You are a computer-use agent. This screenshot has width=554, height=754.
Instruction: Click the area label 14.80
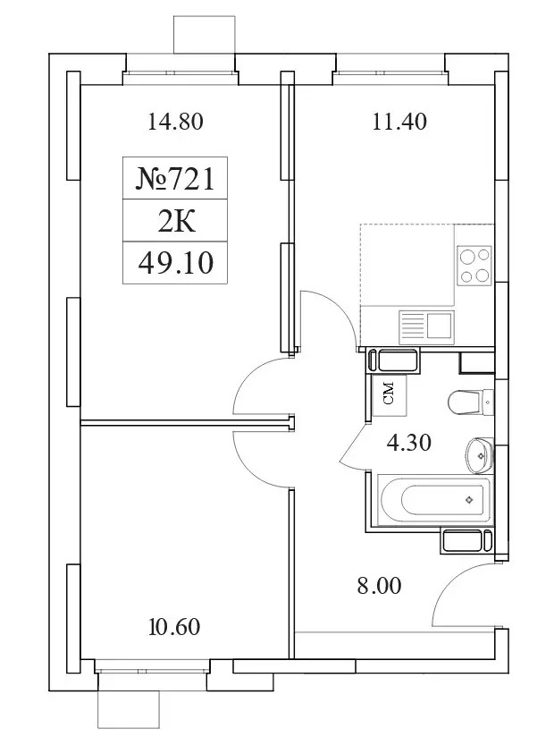[175, 122]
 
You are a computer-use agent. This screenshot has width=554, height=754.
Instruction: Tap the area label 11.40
[399, 122]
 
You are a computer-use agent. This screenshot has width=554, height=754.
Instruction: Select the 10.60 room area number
[174, 627]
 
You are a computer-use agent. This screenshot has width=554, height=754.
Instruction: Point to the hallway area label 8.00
[379, 586]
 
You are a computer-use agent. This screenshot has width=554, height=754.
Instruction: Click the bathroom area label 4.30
[409, 443]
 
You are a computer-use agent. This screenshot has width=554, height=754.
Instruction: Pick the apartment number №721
[175, 179]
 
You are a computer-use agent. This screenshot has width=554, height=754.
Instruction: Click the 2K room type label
[176, 222]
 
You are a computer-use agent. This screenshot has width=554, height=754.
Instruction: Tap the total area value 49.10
[175, 263]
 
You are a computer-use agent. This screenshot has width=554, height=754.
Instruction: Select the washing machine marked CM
[390, 395]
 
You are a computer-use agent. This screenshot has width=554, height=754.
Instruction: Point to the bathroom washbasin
[479, 455]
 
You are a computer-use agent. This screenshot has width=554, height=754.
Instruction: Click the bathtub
[434, 501]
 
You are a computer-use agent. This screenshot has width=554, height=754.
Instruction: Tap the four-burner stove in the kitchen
[474, 264]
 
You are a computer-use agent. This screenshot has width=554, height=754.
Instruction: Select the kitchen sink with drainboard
[426, 327]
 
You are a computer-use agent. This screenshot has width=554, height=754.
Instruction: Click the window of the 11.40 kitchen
[390, 73]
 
